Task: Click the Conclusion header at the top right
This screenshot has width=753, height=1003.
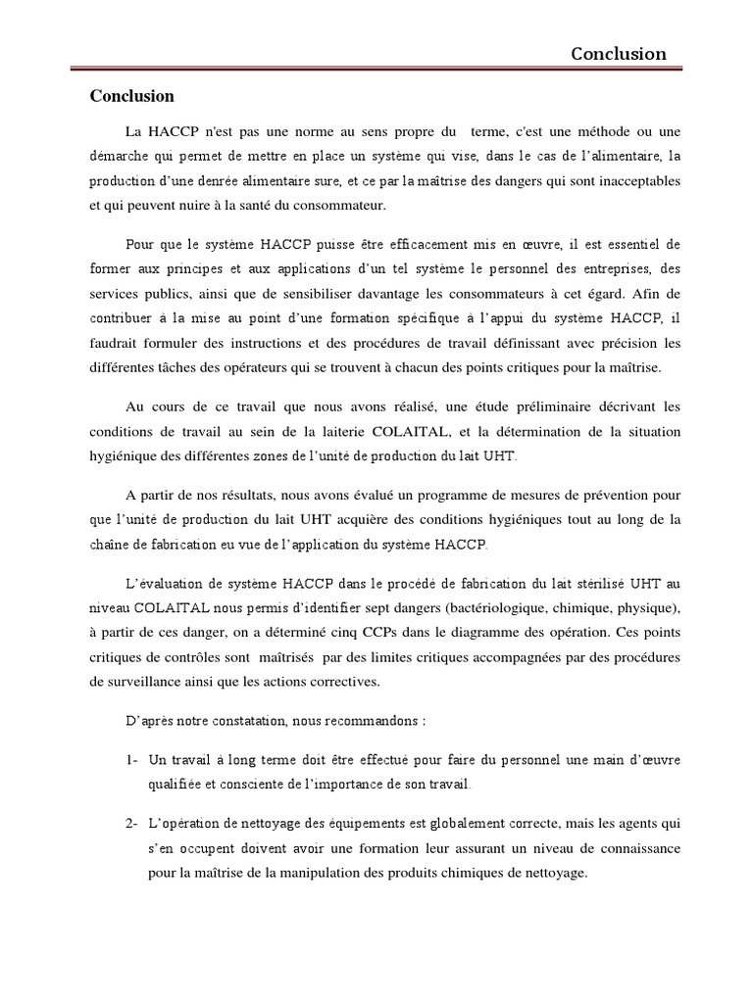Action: point(619,54)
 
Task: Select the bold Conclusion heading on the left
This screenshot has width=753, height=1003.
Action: point(131,96)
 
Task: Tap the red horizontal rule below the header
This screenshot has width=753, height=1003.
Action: point(376,68)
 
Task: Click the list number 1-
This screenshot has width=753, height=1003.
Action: point(132,760)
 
